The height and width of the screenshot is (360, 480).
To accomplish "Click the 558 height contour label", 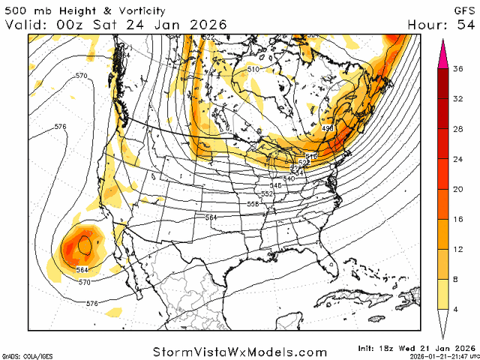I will click(253, 204).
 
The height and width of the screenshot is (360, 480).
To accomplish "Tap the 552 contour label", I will click(268, 193).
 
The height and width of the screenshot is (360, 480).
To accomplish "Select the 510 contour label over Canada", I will click(253, 70).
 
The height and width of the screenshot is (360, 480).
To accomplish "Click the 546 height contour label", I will click(275, 185).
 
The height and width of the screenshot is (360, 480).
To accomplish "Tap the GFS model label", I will click(463, 10).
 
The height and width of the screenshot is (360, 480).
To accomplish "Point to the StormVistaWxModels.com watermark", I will click(240, 352).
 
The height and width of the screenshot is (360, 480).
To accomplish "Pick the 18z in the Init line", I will click(389, 348).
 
